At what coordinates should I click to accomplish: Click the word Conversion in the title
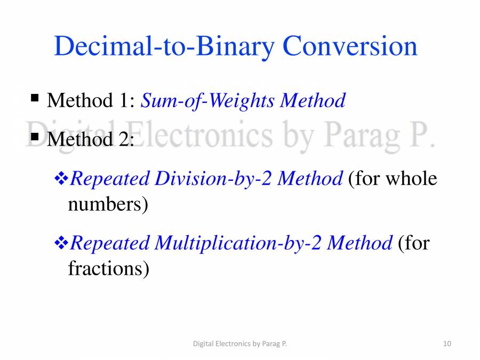tap(350, 46)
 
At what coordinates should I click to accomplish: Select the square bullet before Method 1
tap(35, 98)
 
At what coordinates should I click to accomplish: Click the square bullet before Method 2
tap(35, 137)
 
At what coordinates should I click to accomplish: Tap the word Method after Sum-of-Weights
tap(313, 100)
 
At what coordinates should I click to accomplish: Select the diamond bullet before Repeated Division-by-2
tap(61, 179)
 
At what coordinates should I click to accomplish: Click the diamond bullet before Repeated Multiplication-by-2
tap(61, 244)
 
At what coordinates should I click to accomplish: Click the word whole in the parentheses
tap(411, 179)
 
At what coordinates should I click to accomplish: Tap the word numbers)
tap(108, 204)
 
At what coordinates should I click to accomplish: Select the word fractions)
tap(108, 268)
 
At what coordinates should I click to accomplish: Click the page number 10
tap(447, 344)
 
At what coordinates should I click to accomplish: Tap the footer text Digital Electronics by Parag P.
tap(239, 344)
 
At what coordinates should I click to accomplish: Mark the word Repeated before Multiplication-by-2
tap(110, 244)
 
